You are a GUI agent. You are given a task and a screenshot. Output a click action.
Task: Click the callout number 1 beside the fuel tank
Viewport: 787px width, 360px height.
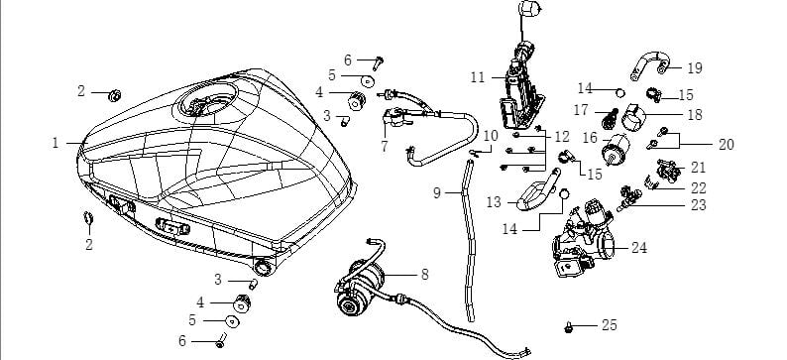56,144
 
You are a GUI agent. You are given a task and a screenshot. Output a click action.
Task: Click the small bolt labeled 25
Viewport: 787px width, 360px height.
570,325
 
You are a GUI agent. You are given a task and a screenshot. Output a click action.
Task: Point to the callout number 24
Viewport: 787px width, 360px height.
639,248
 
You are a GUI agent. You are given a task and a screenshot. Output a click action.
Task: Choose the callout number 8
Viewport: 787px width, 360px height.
424,272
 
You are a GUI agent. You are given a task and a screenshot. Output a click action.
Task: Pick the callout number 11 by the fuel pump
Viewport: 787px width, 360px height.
478,76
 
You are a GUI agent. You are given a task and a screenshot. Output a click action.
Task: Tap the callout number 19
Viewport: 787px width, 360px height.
695,68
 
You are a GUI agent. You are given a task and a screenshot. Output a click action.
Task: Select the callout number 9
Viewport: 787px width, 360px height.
436,192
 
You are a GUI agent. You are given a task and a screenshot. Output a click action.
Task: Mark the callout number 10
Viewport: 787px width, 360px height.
491,134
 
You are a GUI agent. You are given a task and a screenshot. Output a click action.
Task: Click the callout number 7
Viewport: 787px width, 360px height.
383,146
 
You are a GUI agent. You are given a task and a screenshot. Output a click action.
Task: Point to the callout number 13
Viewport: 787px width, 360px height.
494,201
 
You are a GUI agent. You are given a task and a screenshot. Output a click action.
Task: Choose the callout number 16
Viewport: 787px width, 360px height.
590,137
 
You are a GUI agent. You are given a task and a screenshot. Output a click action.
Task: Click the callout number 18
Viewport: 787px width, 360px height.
695,115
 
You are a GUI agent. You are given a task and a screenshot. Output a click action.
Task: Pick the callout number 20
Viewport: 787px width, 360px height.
727,144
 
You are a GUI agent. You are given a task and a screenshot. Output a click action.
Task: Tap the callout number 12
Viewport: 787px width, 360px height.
560,136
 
